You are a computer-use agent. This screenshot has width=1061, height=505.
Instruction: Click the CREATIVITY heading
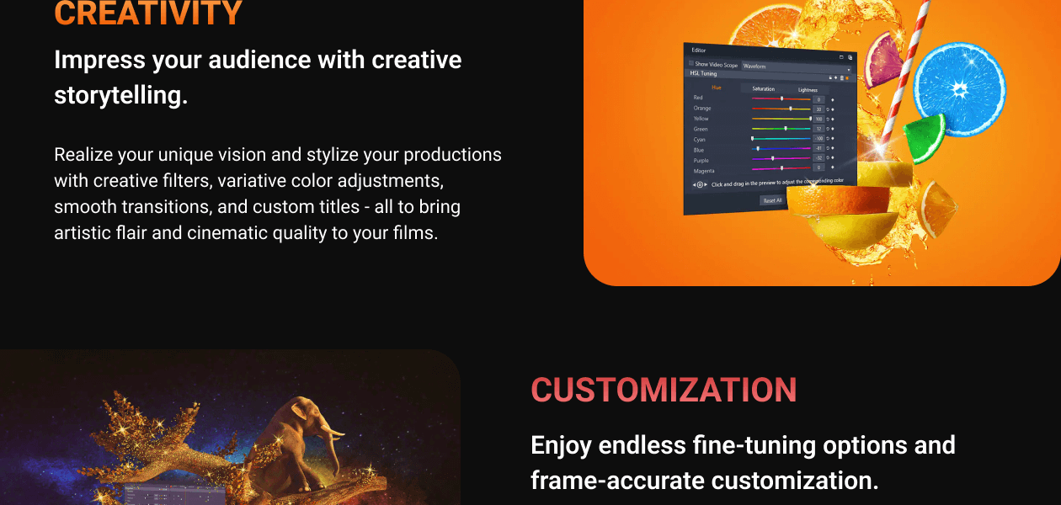[x=148, y=13]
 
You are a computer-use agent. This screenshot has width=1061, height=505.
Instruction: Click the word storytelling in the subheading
[x=120, y=95]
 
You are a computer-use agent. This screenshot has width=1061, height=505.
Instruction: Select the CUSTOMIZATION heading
[x=664, y=390]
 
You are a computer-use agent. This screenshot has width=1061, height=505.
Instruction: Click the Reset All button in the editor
[x=771, y=200]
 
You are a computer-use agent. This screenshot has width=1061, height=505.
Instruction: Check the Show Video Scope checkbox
[x=691, y=64]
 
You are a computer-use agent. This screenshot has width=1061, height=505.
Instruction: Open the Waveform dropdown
[x=795, y=66]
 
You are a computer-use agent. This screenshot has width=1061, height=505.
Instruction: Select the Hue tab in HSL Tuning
[x=716, y=87]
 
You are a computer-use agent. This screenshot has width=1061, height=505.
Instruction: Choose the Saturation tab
[x=763, y=88]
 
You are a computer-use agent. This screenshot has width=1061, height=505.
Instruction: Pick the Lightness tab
[x=808, y=89]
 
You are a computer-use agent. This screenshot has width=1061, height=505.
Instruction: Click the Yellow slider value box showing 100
[x=818, y=120]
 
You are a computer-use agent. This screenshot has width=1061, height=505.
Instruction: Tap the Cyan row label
[x=699, y=140]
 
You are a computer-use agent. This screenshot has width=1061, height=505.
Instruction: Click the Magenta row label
[x=703, y=171]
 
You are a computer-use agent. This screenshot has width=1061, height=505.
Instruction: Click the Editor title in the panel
[x=699, y=50]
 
